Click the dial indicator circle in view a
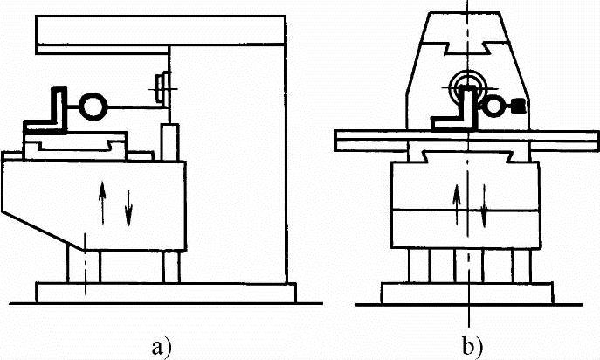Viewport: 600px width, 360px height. tap(90, 107)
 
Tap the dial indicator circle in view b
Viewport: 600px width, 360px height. tap(494, 106)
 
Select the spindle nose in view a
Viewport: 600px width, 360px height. tap(161, 87)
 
